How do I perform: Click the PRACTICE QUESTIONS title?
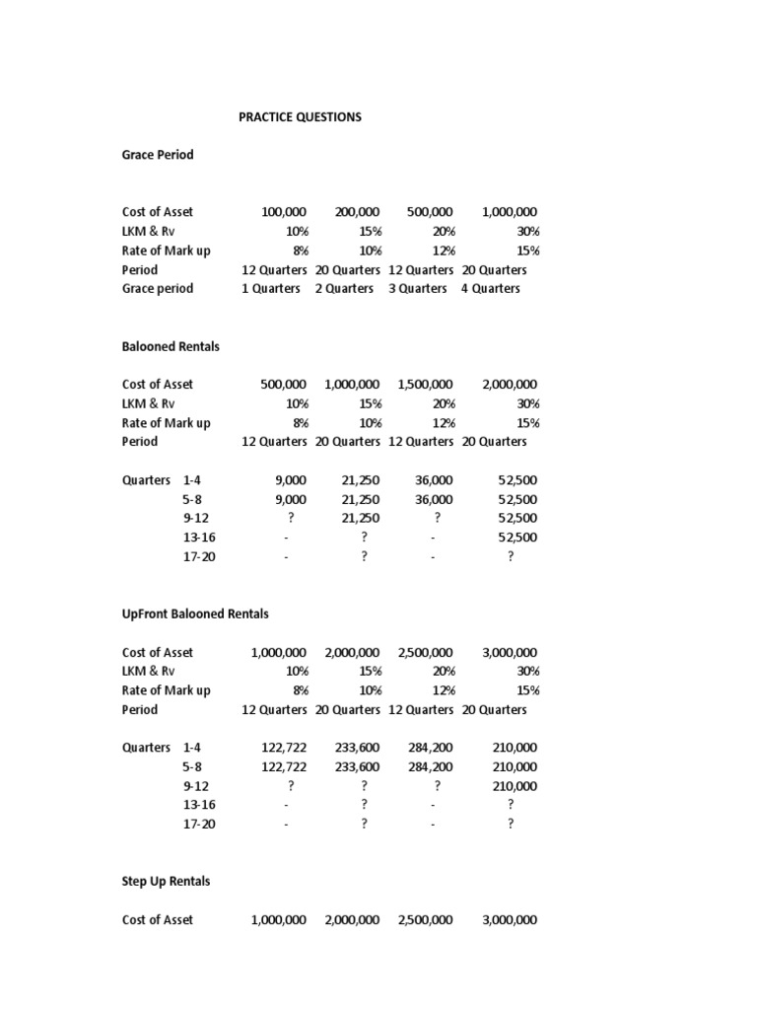pyautogui.click(x=300, y=116)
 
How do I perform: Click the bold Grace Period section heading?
pyautogui.click(x=158, y=155)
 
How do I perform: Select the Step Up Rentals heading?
pyautogui.click(x=166, y=881)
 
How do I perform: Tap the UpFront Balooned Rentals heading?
pyautogui.click(x=195, y=613)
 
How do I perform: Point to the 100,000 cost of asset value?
pyautogui.click(x=284, y=212)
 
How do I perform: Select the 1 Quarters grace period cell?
pyautogui.click(x=271, y=289)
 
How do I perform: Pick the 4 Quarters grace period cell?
pyautogui.click(x=490, y=289)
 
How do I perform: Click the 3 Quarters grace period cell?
pyautogui.click(x=417, y=289)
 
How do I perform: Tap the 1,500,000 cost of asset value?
pyautogui.click(x=425, y=385)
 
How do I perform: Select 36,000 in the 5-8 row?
pyautogui.click(x=434, y=500)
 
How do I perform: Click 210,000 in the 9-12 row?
pyautogui.click(x=515, y=786)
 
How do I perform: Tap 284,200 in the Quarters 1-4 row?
pyautogui.click(x=431, y=748)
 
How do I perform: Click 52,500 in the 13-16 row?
pyautogui.click(x=518, y=538)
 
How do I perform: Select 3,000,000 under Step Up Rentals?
pyautogui.click(x=510, y=920)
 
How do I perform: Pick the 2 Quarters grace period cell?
pyautogui.click(x=344, y=289)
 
